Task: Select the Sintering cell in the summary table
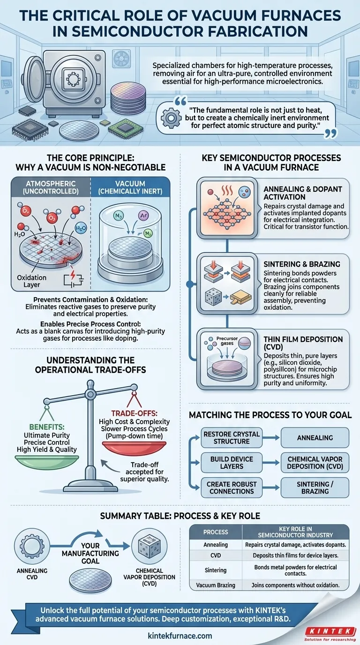[215, 570]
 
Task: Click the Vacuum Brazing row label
[215, 585]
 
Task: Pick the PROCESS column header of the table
[215, 532]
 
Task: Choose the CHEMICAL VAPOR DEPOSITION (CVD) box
[315, 463]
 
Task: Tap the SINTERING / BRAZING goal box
[315, 487]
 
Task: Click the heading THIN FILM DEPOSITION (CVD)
[303, 343]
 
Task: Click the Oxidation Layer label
[32, 281]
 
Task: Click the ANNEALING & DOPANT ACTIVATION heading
[303, 193]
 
